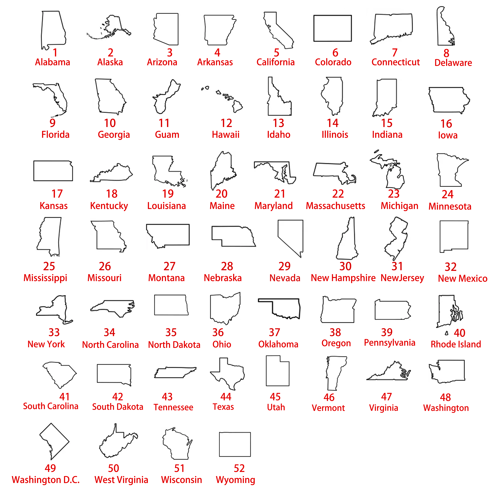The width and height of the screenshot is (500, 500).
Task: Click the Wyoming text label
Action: coord(235,480)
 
